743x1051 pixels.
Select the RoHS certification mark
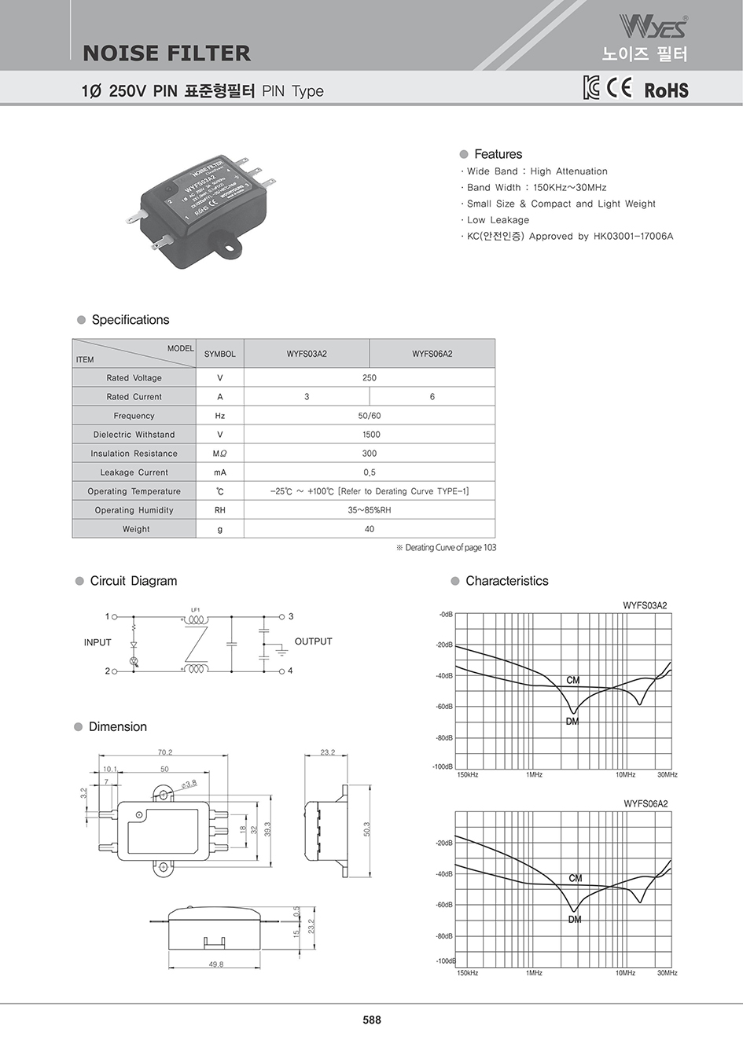tap(666, 90)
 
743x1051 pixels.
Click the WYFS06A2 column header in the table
tap(432, 354)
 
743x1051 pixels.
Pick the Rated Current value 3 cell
tap(307, 397)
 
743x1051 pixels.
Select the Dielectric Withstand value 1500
tap(370, 435)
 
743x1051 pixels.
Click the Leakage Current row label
tap(134, 472)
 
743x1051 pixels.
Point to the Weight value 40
tap(370, 529)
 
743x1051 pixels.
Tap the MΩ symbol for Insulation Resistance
tap(219, 454)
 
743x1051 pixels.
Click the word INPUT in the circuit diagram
tap(97, 642)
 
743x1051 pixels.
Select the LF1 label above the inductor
tap(196, 609)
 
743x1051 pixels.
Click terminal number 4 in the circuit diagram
tap(290, 671)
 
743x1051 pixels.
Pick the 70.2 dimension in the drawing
tap(165, 752)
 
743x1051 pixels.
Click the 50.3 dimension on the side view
tap(366, 829)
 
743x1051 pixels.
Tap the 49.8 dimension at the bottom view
tap(215, 964)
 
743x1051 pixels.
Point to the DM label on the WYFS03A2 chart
tap(572, 722)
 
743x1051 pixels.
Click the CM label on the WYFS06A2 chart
tap(576, 878)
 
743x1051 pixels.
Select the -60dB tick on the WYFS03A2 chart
tap(444, 707)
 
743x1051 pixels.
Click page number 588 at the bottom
tap(372, 1020)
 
